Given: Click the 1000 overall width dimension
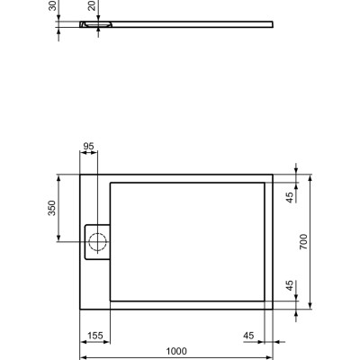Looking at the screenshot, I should [x=176, y=351].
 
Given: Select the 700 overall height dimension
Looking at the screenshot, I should [x=303, y=241].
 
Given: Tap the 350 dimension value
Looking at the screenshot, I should [x=52, y=208].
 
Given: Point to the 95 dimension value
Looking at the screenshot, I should [x=88, y=146].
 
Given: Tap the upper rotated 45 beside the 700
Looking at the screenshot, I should [x=290, y=197].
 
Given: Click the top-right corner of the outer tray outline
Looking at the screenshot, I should [x=274, y=174].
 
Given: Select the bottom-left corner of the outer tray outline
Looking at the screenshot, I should [x=81, y=309].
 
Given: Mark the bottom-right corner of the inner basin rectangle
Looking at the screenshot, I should [x=265, y=300].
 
